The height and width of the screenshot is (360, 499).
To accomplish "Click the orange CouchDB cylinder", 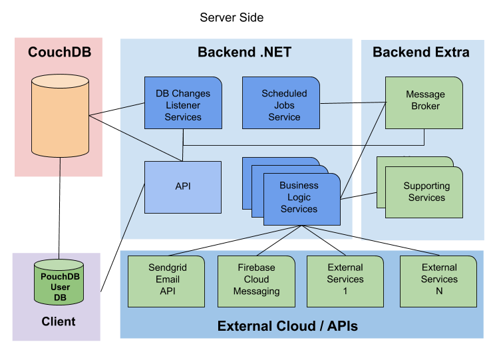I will click(x=60, y=116).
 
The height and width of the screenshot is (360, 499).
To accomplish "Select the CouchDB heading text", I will click(x=59, y=53).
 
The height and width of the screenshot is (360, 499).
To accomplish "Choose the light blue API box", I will click(x=183, y=187).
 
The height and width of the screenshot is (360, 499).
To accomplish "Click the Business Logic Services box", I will click(x=301, y=198).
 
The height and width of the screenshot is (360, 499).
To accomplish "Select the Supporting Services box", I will click(x=426, y=192).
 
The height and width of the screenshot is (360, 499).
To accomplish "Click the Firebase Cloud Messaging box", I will click(x=257, y=279).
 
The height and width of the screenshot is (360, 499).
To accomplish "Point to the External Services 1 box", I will click(x=345, y=279).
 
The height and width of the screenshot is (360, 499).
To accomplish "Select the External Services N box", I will click(x=438, y=279).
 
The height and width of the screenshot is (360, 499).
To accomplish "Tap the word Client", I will click(x=59, y=321).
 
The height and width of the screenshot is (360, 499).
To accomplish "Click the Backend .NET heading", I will click(x=244, y=53).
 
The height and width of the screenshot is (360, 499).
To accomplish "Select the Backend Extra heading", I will click(x=420, y=53).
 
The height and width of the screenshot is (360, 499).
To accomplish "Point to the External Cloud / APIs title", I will click(x=287, y=326).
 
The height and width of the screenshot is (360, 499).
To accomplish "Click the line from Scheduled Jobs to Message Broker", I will click(x=353, y=103).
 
